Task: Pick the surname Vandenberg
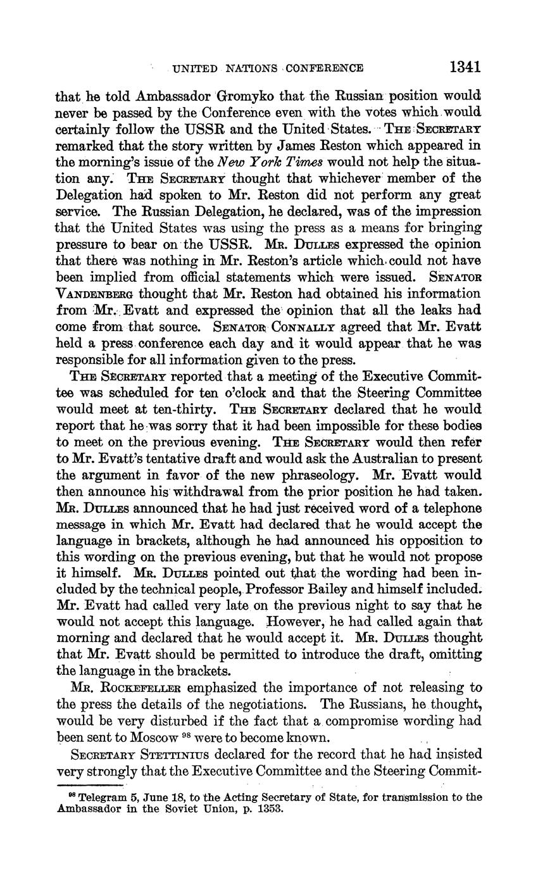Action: pyautogui.click(x=96, y=294)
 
